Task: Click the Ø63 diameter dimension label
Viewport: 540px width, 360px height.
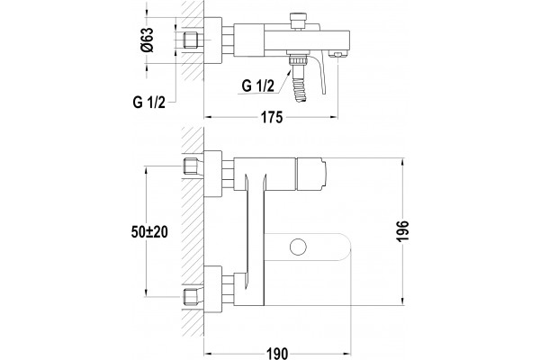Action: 148,40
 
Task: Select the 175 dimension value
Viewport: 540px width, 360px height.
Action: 272,118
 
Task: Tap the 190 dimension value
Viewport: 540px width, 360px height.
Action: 277,354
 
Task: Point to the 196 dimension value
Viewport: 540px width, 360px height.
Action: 402,231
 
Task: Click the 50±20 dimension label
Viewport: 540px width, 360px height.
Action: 149,232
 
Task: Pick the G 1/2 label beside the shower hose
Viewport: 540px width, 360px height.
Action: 258,85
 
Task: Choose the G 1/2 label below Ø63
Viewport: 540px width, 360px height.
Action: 149,103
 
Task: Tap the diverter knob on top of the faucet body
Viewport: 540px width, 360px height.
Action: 298,21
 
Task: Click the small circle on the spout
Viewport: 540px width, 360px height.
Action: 298,247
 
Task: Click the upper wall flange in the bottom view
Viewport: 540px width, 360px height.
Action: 213,174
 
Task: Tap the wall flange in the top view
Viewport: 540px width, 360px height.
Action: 213,40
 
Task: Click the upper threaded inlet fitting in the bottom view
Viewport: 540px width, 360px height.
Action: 192,166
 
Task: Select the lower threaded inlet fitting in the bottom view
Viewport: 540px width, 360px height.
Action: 192,297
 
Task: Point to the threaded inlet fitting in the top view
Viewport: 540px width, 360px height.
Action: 192,40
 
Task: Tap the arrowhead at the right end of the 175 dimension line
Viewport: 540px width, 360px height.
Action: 334,117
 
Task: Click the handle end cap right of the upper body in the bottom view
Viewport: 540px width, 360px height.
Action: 310,174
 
